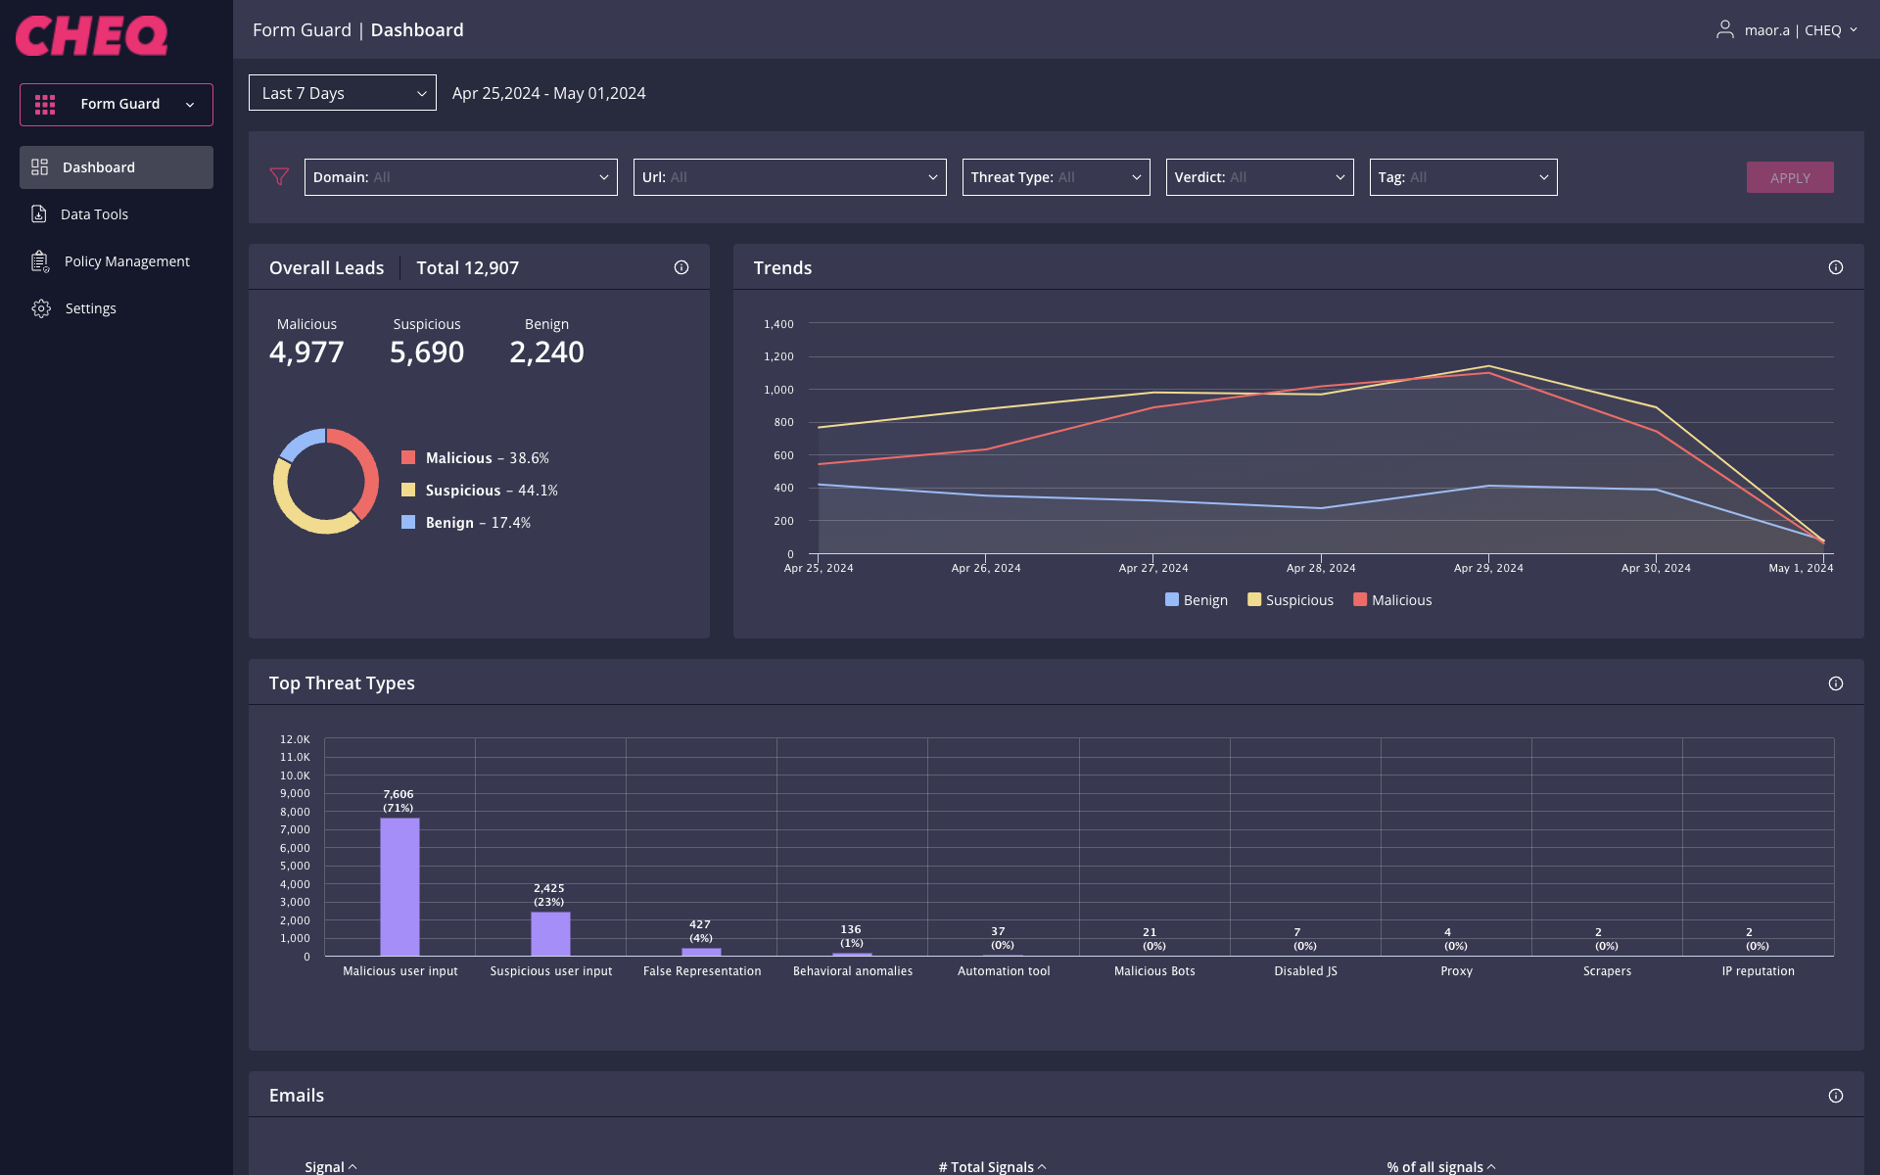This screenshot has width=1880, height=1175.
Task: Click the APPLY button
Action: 1789,177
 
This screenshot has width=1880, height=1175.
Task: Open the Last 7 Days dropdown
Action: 342,93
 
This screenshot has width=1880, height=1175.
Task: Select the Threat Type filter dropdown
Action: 1055,177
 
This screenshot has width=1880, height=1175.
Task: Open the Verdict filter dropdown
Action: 1258,177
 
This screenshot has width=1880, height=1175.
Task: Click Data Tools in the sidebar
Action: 94,214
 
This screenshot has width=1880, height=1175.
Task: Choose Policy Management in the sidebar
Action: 126,261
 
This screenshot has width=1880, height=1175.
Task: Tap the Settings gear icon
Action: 41,308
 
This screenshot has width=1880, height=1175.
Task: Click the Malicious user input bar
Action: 399,886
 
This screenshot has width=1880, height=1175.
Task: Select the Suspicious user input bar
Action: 550,933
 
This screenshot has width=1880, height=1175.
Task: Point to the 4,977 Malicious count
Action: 306,352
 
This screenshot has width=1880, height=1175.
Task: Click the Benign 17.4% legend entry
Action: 466,523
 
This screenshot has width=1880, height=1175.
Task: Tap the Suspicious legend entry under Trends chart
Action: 1290,600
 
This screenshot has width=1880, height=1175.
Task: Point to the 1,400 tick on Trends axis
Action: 778,324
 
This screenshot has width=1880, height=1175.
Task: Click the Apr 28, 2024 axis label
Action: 1320,568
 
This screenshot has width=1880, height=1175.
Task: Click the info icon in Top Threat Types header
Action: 1835,683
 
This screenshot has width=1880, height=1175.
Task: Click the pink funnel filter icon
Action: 279,177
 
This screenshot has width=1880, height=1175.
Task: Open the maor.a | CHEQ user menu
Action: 1786,30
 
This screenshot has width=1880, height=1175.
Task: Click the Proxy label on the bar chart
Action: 1456,971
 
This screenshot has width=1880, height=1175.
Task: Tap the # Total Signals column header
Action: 991,1166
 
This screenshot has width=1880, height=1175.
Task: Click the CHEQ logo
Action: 92,36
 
